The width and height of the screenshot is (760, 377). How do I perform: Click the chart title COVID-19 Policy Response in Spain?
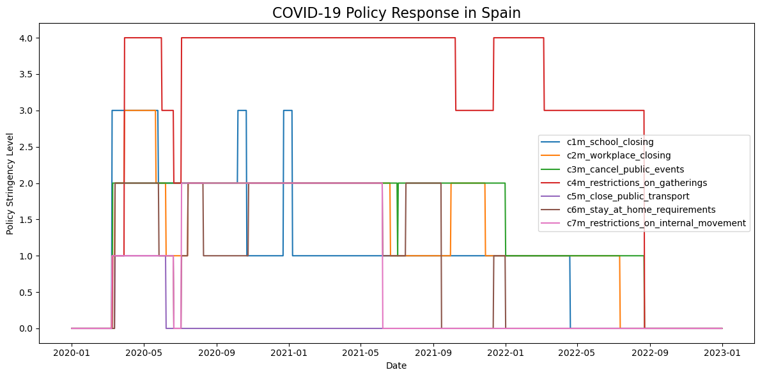[396, 13]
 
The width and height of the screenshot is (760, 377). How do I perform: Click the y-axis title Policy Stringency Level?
[10, 183]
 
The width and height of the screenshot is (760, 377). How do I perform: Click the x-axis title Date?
[396, 365]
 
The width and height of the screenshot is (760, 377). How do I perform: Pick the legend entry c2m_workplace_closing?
[618, 155]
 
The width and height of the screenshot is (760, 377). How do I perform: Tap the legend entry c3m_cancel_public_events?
[625, 169]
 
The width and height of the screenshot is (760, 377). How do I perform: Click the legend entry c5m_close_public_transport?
[628, 196]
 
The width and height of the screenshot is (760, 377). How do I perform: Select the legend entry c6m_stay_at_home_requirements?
[640, 210]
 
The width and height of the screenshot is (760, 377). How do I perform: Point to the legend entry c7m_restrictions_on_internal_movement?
[656, 223]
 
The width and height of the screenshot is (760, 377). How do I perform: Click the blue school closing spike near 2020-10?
[242, 111]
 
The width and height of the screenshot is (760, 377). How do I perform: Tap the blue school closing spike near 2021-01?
[288, 111]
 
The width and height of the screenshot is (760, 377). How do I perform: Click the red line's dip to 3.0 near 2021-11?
[474, 111]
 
